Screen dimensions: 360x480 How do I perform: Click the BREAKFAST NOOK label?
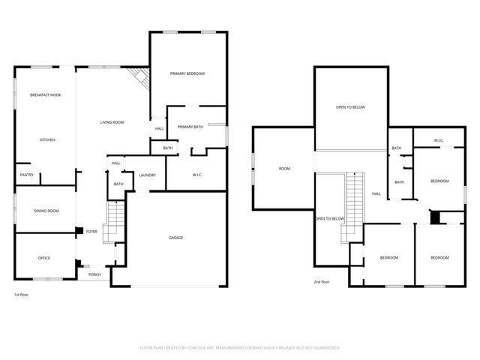(x=45, y=95)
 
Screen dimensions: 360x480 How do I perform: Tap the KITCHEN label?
(x=47, y=140)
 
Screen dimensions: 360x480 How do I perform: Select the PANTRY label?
(x=26, y=175)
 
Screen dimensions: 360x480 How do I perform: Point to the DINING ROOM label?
(x=46, y=211)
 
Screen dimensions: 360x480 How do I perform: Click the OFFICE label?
(x=44, y=258)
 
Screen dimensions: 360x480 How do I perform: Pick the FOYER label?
(x=91, y=232)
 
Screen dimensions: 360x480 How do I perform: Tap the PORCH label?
(x=94, y=274)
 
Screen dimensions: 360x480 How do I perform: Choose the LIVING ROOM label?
(x=112, y=122)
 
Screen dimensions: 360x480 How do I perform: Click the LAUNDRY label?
(x=147, y=175)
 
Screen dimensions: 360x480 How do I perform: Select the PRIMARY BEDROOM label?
(x=187, y=73)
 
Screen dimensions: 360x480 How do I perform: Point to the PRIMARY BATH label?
(x=190, y=127)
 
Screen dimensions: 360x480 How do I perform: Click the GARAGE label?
(x=175, y=238)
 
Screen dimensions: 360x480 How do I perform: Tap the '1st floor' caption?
(x=22, y=295)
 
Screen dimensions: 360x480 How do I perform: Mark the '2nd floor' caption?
(x=322, y=282)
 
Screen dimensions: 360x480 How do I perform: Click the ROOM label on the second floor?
(x=284, y=169)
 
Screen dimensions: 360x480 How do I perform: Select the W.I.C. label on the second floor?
(x=439, y=141)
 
